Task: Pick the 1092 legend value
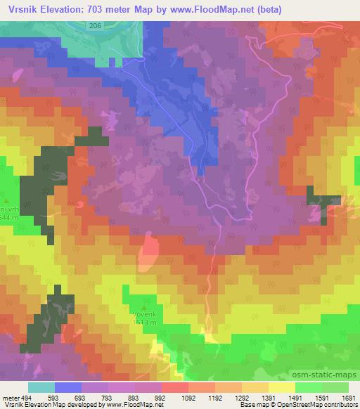(x=188, y=397)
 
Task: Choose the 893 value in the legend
(x=136, y=397)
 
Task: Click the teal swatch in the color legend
(x=41, y=387)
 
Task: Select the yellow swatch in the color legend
(x=281, y=387)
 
